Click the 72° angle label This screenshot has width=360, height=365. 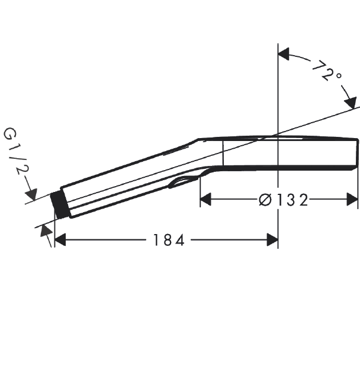coord(327,71)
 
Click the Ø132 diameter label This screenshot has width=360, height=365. coord(284,200)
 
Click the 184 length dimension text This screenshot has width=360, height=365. coord(169,240)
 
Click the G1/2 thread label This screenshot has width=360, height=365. coord(16,152)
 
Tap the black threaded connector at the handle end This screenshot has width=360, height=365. coord(59,205)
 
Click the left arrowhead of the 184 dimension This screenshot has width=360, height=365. coord(60,240)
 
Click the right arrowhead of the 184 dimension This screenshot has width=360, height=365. coord(272,240)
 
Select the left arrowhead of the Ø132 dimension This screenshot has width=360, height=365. coord(205,199)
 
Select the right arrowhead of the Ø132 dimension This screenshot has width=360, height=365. coord(352,199)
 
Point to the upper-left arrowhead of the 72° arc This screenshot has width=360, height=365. coord(284,55)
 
